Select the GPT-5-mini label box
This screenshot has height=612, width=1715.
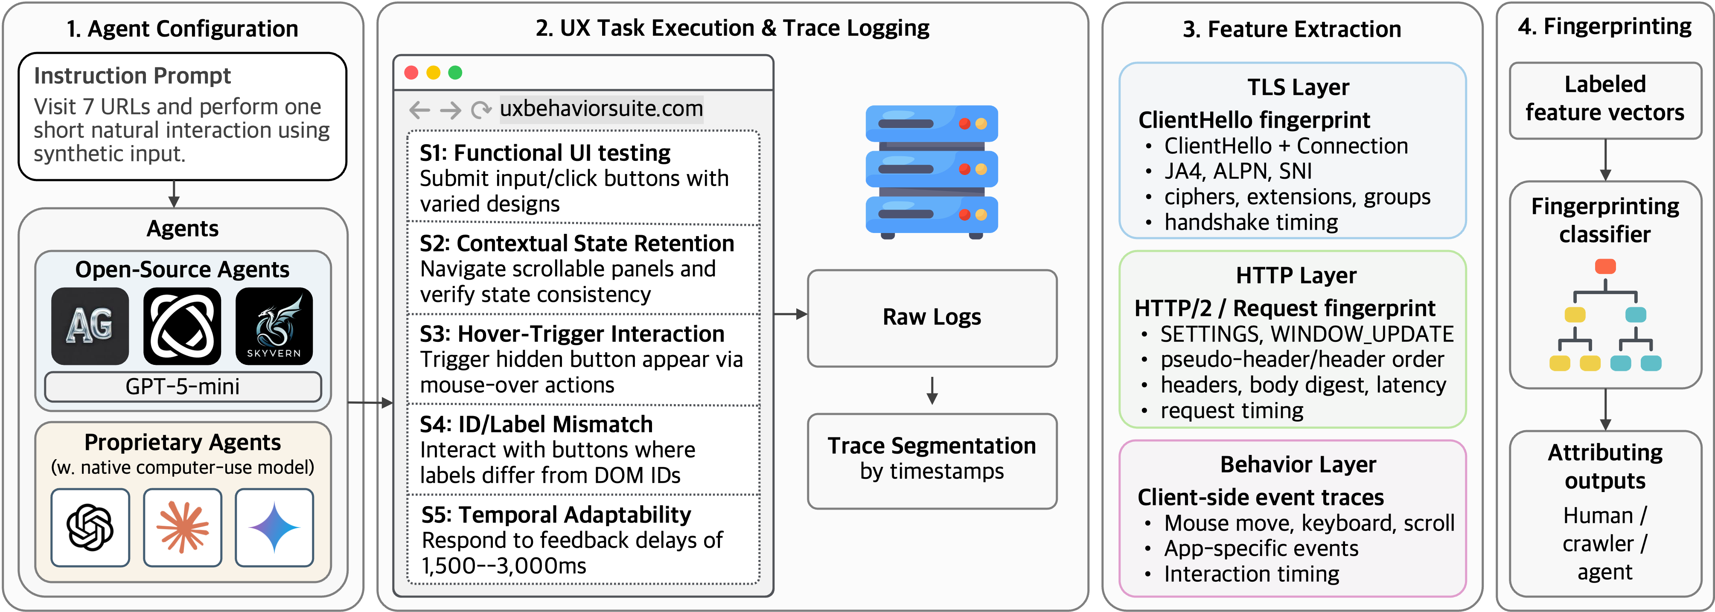182,386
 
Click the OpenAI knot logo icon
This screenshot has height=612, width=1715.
90,527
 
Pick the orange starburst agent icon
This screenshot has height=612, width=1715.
182,527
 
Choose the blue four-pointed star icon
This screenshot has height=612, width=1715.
274,527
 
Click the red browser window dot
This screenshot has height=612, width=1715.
411,73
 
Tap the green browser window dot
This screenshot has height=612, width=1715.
455,73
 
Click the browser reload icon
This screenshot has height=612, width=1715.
480,110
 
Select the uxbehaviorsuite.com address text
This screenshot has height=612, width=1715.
601,108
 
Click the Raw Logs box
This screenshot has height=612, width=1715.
932,318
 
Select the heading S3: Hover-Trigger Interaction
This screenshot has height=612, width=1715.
572,334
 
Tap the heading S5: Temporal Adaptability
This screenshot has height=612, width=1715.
556,515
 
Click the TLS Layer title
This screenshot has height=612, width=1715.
1298,87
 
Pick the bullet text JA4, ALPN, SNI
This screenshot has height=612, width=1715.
1237,171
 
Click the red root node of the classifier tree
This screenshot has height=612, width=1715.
1605,267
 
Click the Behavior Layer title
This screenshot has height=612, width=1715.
1298,464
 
